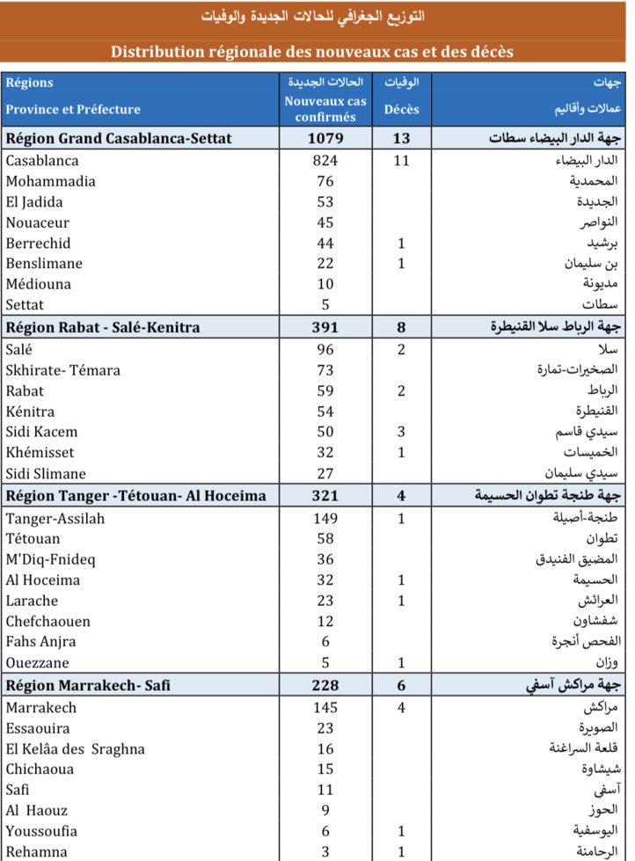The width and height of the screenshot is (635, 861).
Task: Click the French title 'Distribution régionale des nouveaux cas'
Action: (x=311, y=52)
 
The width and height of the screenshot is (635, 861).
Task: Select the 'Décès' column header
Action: (x=401, y=110)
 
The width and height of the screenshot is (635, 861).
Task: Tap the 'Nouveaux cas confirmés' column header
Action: (x=325, y=109)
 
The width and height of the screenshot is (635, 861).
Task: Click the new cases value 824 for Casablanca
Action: (x=325, y=161)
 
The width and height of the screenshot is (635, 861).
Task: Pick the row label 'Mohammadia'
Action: (x=50, y=181)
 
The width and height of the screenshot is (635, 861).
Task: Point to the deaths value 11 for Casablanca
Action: (x=401, y=161)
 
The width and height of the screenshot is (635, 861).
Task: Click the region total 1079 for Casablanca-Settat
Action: (x=325, y=139)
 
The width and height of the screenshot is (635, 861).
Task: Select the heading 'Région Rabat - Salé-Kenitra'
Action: (x=103, y=327)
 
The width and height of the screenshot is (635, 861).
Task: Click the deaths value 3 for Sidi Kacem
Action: (x=401, y=432)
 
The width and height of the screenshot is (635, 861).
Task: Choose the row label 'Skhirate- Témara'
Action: (x=62, y=370)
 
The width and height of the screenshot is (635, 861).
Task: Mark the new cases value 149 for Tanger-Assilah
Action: (x=325, y=519)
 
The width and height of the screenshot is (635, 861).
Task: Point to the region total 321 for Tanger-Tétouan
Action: (x=325, y=496)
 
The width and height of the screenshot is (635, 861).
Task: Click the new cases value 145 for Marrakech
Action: (x=325, y=708)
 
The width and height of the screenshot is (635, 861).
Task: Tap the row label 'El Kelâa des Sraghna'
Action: (x=75, y=749)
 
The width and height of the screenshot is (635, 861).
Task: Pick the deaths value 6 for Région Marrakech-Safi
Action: (x=401, y=685)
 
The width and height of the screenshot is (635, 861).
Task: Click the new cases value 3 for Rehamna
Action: (x=325, y=851)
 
